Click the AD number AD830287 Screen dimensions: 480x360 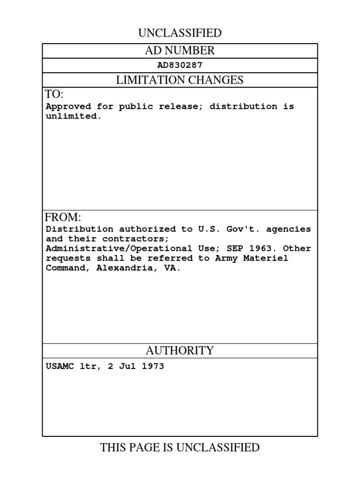click(x=180, y=66)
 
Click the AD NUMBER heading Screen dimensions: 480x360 click(x=180, y=51)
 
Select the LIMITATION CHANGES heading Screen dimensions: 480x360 click(x=180, y=80)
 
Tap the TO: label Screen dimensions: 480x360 click(x=54, y=95)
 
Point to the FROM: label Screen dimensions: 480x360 click(x=63, y=217)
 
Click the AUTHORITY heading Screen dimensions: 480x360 click(x=180, y=351)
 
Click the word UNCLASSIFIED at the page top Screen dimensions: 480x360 click(x=180, y=33)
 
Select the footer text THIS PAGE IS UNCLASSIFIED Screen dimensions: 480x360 click(x=180, y=448)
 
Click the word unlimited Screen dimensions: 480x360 click(x=73, y=116)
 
